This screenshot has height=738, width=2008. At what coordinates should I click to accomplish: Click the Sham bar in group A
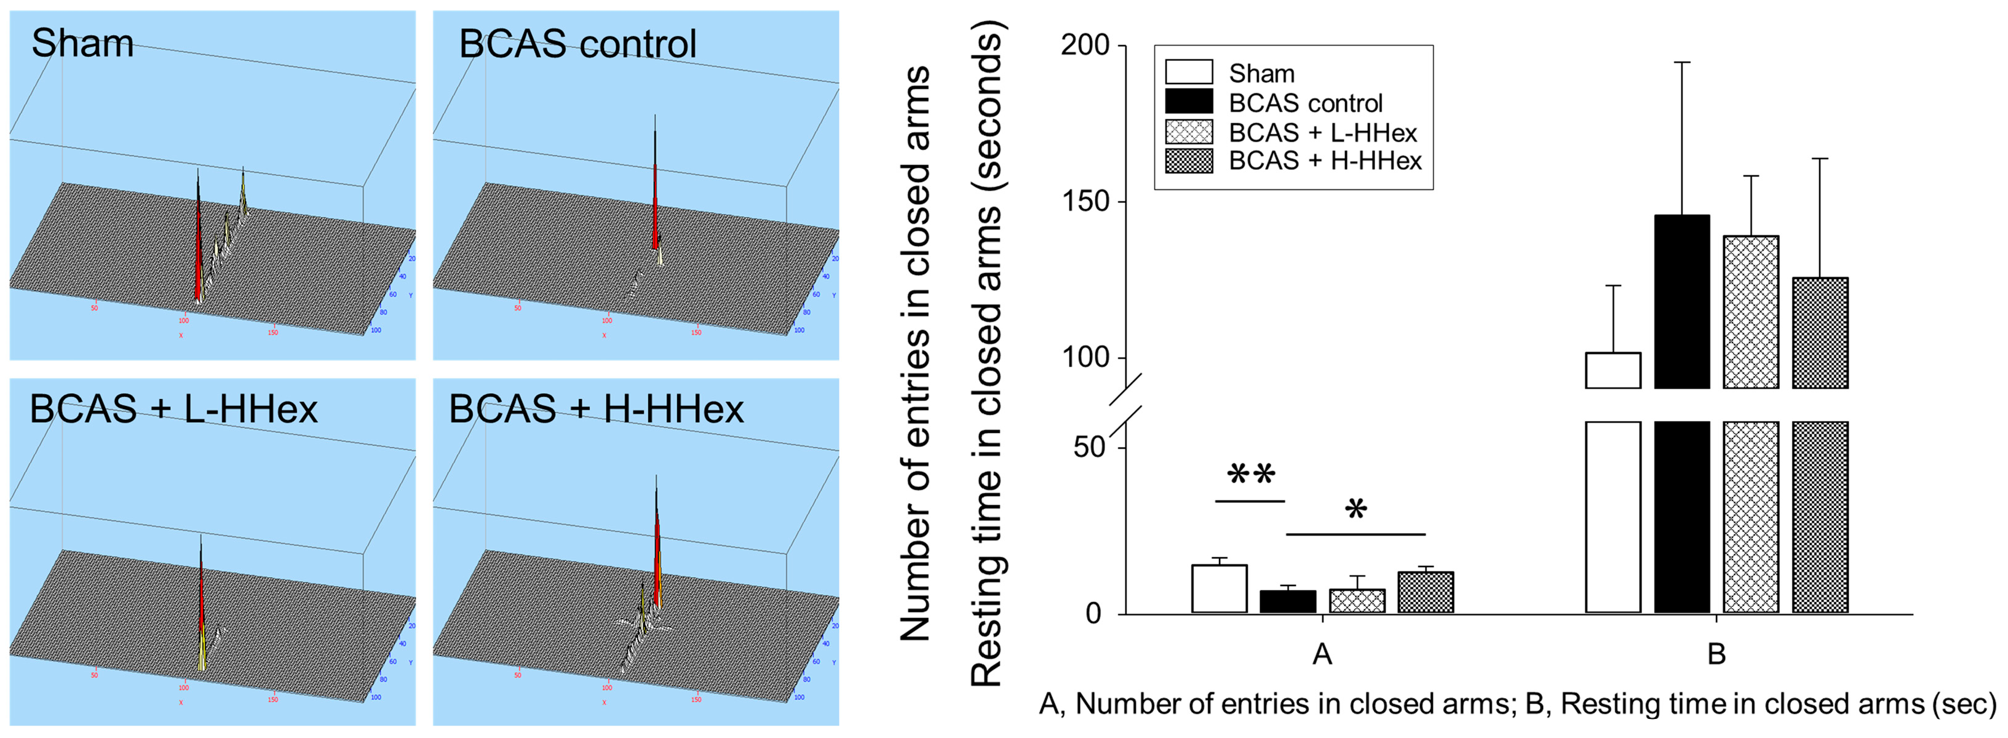click(1219, 589)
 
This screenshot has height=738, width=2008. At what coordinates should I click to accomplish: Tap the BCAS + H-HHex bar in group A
click(1426, 592)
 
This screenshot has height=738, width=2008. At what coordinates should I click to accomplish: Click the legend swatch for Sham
click(1189, 73)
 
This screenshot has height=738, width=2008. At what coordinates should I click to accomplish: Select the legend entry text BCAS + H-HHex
click(1325, 161)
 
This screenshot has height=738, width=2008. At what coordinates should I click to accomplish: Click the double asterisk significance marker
click(1250, 475)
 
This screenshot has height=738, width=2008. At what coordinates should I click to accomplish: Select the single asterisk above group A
click(1355, 510)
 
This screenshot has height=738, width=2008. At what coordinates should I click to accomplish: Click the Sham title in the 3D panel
click(82, 43)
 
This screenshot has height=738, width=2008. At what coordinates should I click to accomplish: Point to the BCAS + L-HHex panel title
click(173, 409)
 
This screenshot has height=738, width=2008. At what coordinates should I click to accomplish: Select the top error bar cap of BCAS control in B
click(1682, 62)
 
